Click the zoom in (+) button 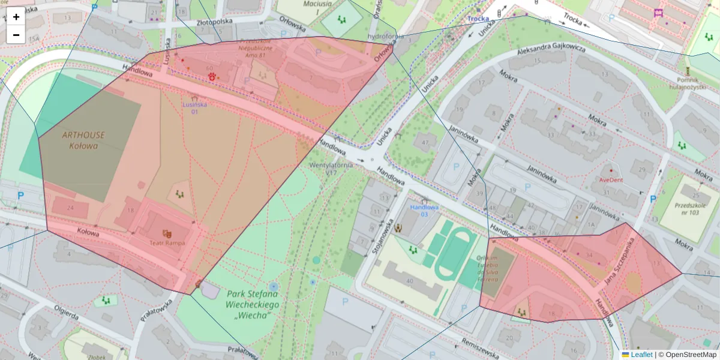16,17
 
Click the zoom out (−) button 16,35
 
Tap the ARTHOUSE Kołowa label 83,140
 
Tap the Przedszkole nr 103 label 695,208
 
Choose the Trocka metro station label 478,19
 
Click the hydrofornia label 385,36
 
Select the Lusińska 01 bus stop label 194,107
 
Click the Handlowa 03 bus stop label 424,211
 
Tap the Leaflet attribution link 641,355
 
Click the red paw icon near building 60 212,76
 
